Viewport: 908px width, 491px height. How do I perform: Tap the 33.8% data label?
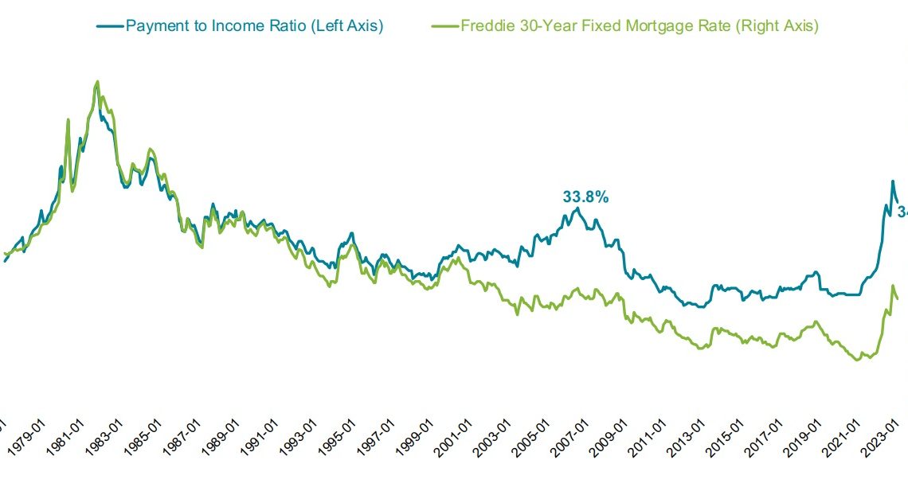(x=585, y=197)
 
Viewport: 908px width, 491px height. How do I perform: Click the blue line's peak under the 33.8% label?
(x=577, y=208)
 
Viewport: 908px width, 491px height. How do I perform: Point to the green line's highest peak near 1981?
(x=97, y=81)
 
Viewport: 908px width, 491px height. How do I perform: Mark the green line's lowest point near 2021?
(x=857, y=360)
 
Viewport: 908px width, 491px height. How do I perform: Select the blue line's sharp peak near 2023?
(x=892, y=181)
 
